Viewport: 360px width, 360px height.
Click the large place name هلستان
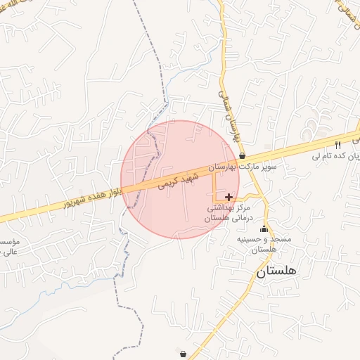pos(276,271)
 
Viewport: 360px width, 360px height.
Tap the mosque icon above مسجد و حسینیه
pos(264,229)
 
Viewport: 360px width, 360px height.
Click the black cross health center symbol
pos(229,198)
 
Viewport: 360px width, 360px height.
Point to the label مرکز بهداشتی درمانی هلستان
pos(229,214)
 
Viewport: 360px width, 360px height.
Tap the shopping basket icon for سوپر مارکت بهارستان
pos(243,156)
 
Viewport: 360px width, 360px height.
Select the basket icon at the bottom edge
pos(184,354)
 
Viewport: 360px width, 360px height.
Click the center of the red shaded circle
pos(180,179)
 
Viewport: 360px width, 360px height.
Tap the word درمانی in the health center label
pos(243,219)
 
